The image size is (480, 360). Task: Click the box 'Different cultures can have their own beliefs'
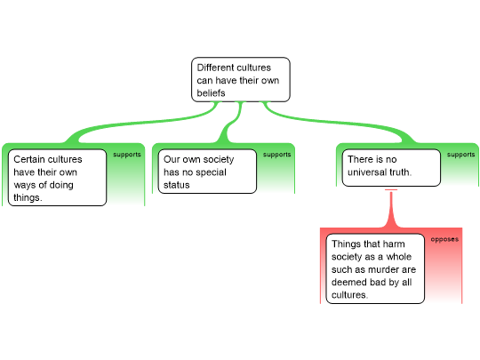(241, 80)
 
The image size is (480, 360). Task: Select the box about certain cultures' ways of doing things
(57, 178)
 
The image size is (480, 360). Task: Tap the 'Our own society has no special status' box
(207, 172)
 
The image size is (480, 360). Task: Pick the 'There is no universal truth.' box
(391, 168)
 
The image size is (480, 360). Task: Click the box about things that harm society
(375, 268)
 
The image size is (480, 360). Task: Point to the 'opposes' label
(444, 239)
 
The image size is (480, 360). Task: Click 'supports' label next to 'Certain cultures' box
(127, 155)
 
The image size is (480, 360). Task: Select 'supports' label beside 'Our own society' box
(277, 155)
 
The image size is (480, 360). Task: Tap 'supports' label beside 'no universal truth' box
(460, 155)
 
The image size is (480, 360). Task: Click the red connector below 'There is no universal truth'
(391, 209)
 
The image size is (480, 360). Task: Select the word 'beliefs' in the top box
(211, 92)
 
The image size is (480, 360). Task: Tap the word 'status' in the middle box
(177, 185)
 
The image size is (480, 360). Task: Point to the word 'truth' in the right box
(400, 172)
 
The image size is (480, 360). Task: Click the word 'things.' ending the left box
(28, 197)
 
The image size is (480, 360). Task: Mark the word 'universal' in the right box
(367, 172)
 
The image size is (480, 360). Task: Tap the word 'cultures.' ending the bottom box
(349, 295)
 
